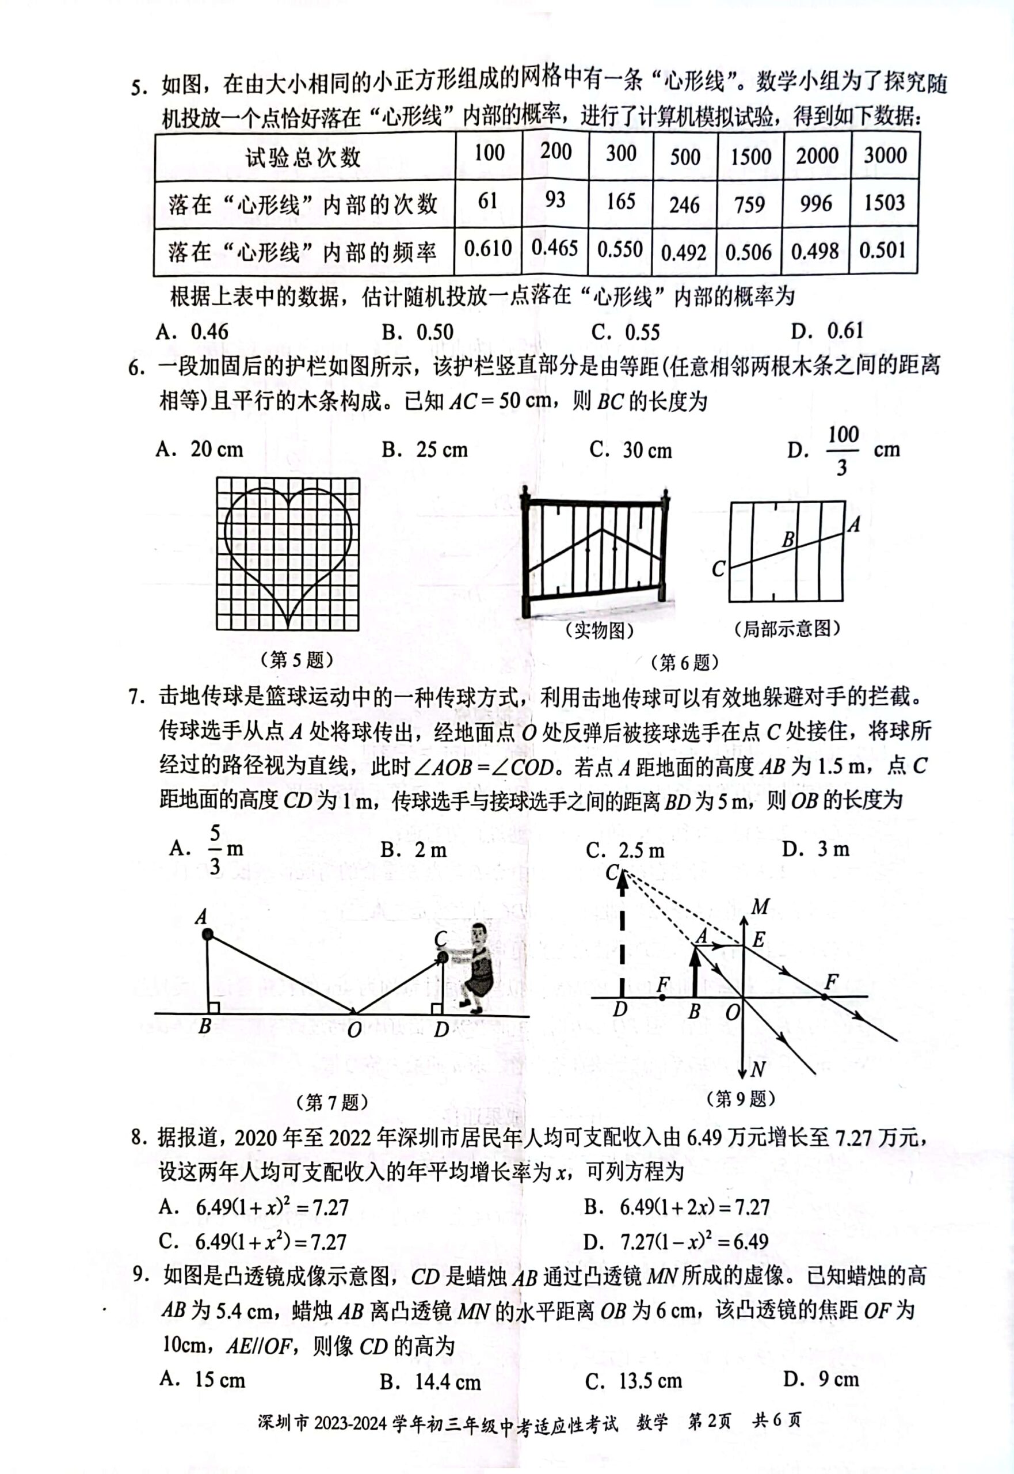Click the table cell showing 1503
pyautogui.click(x=884, y=203)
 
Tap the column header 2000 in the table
pyautogui.click(x=817, y=155)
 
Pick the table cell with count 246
pyautogui.click(x=684, y=204)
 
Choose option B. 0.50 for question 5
pyautogui.click(x=417, y=332)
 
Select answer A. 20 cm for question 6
pyautogui.click(x=200, y=449)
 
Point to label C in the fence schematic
pyautogui.click(x=718, y=568)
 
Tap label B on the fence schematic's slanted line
pyautogui.click(x=788, y=540)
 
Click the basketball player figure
pyautogui.click(x=477, y=966)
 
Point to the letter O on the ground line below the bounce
pyautogui.click(x=354, y=1029)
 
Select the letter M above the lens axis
pyautogui.click(x=760, y=907)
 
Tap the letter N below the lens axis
pyautogui.click(x=757, y=1070)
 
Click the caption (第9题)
pyautogui.click(x=740, y=1099)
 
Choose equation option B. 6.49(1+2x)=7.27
pyautogui.click(x=676, y=1206)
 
